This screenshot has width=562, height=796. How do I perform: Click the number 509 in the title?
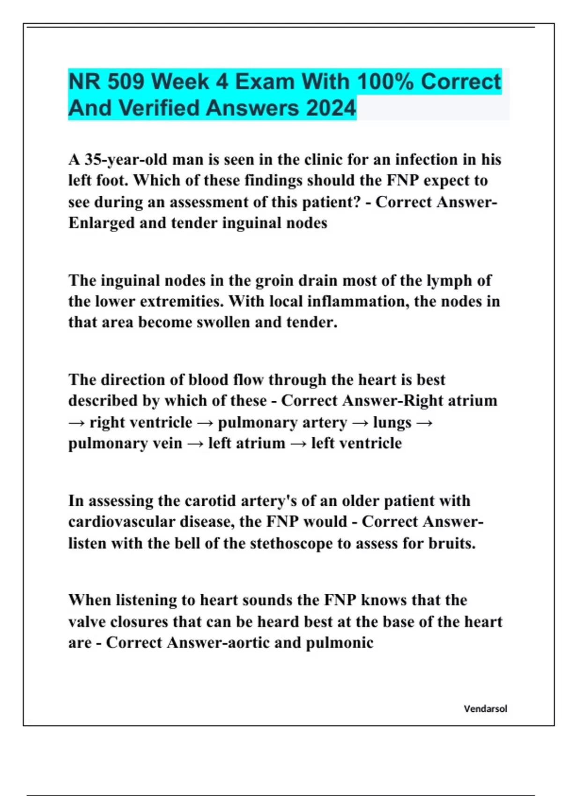(125, 82)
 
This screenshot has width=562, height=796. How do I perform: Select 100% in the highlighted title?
(385, 82)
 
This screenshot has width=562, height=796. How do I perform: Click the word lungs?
(392, 422)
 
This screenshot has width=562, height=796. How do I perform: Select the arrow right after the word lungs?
(424, 422)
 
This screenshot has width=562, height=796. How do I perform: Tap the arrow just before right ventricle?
(76, 422)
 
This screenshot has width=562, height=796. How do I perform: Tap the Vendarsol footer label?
(485, 709)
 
